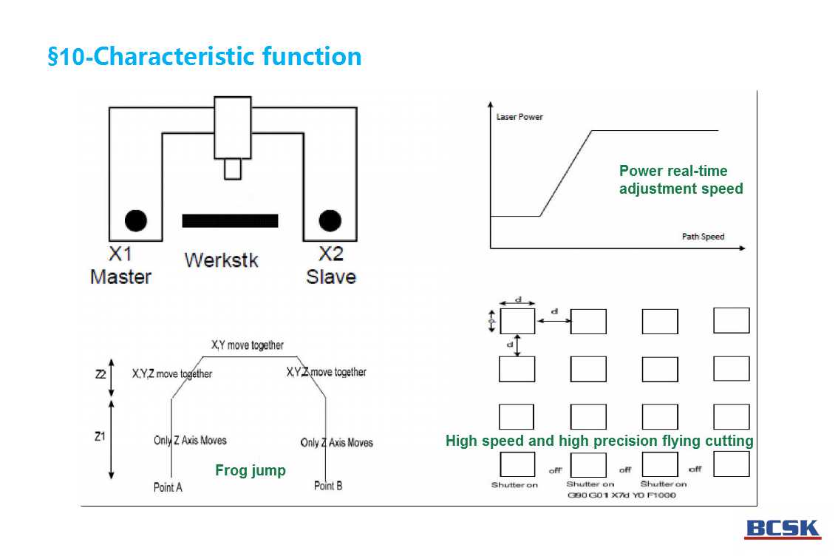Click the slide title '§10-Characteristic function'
click(205, 57)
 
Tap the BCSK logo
click(783, 529)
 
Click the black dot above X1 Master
click(136, 220)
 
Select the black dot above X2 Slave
click(330, 220)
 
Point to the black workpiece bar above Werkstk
click(230, 220)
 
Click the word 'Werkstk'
click(221, 260)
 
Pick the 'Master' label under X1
click(120, 277)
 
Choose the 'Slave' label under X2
click(330, 277)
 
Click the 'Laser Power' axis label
click(519, 117)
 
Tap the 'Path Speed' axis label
click(703, 237)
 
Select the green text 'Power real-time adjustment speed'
click(681, 180)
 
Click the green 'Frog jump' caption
click(250, 470)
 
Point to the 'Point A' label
click(168, 487)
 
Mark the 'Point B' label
click(328, 486)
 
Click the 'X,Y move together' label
click(247, 345)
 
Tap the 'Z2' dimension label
click(101, 374)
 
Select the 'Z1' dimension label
click(101, 436)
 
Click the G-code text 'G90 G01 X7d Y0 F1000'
click(621, 495)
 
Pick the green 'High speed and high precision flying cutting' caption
click(599, 441)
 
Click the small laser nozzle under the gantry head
click(233, 169)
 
